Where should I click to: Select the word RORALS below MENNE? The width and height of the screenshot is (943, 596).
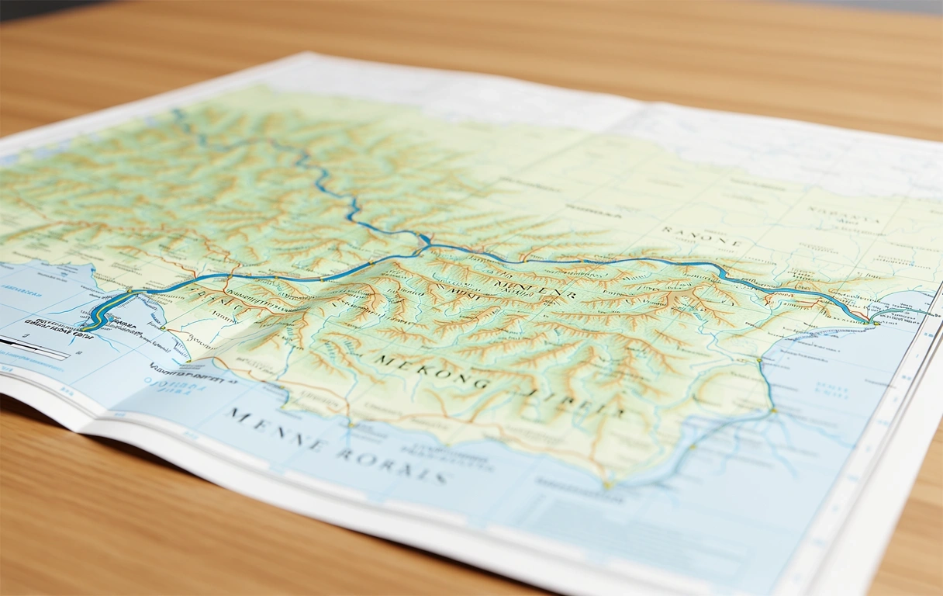pyautogui.click(x=391, y=463)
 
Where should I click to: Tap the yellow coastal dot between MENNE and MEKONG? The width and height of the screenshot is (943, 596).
pyautogui.click(x=348, y=425)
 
